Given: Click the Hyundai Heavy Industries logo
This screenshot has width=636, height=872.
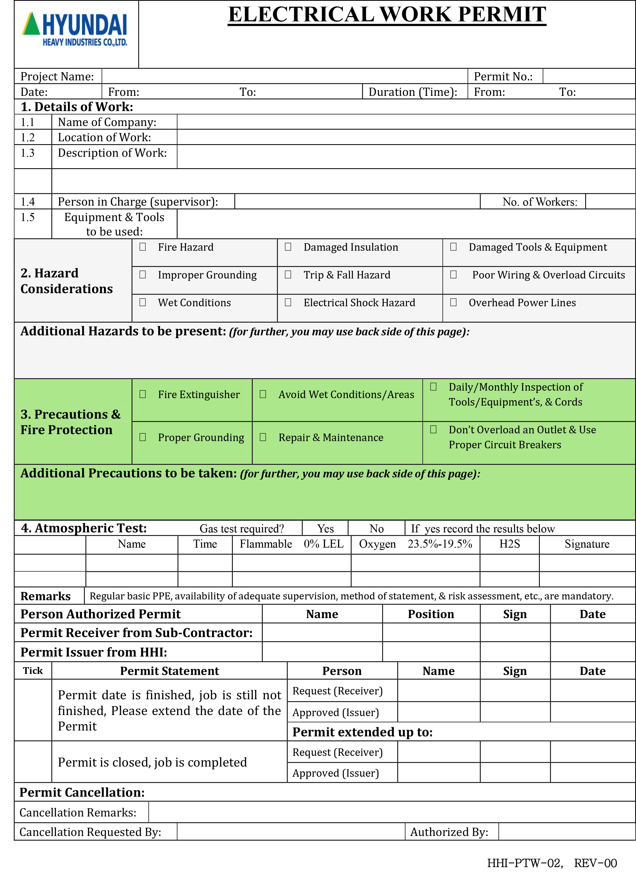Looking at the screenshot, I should coord(75,29).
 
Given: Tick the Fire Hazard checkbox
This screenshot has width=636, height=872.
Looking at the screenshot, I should coord(142,246).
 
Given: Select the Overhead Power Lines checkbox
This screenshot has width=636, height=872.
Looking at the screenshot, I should coord(453,302).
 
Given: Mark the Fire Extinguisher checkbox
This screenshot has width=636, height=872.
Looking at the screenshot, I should coord(142,394).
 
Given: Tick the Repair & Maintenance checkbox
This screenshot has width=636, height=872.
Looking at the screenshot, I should coord(263,437).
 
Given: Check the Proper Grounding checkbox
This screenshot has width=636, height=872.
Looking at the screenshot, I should coord(142,437).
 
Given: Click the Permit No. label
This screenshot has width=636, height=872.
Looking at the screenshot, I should coord(503,77).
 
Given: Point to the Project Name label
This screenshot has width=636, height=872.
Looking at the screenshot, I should coord(57,77).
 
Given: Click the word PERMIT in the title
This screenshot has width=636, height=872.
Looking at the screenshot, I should coord(502,15).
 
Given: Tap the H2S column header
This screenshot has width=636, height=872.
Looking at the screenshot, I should coord(509,544).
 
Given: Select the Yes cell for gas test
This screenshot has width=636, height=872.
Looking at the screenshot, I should coord(325,528).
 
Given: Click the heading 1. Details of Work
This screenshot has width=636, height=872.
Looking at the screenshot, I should coord(77,107).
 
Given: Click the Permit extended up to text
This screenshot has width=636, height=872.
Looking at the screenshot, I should coord(362,732).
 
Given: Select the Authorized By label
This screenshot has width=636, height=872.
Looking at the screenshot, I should coord(449,832).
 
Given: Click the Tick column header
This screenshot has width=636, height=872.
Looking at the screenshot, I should coord(33,670).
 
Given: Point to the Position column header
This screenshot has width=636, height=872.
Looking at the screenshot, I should coord(431,614).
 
